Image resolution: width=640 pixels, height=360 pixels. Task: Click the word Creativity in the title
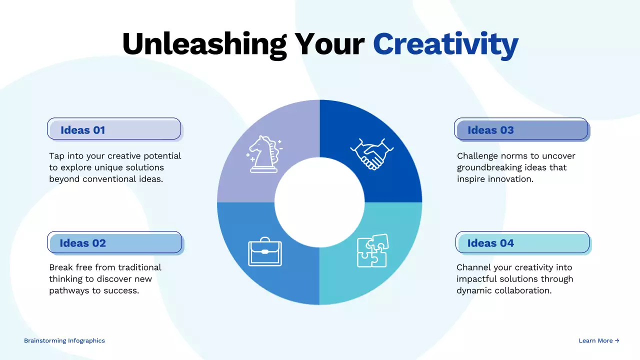click(445, 44)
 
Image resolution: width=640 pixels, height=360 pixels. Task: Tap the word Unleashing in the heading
click(204, 44)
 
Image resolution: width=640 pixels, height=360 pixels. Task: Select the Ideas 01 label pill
click(114, 129)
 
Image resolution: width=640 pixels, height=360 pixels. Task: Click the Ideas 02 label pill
click(114, 243)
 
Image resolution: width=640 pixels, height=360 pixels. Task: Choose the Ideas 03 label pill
click(521, 129)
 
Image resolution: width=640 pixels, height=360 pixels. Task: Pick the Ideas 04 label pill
click(522, 243)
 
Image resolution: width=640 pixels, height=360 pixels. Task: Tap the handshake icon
click(372, 154)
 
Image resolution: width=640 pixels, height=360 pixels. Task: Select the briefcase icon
click(265, 251)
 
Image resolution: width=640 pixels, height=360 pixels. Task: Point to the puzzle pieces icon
click(372, 250)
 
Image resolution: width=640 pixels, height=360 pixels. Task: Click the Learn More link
click(598, 340)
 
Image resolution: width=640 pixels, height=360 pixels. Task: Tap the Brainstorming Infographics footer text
click(64, 340)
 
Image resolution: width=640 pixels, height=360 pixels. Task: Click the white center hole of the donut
click(319, 202)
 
